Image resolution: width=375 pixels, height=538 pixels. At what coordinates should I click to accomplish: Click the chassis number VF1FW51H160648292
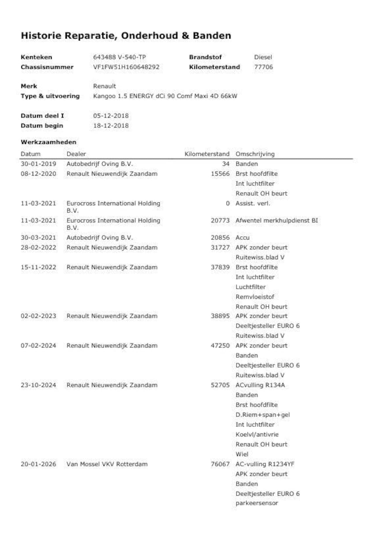pyautogui.click(x=126, y=67)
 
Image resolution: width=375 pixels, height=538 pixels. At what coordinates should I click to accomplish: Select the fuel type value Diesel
pyautogui.click(x=263, y=57)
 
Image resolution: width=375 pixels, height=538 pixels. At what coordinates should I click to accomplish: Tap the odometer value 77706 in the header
pyautogui.click(x=263, y=67)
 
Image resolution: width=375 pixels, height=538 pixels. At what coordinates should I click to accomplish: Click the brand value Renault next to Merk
pyautogui.click(x=104, y=86)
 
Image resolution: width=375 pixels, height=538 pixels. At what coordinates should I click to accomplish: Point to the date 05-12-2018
pyautogui.click(x=111, y=116)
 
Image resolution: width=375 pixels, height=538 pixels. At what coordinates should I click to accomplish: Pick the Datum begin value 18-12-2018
pyautogui.click(x=111, y=126)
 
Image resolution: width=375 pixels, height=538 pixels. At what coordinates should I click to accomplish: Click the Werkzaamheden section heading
pyautogui.click(x=48, y=142)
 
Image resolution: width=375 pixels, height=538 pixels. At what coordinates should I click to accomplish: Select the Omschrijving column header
pyautogui.click(x=255, y=154)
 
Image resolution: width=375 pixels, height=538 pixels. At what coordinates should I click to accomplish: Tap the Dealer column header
pyautogui.click(x=76, y=154)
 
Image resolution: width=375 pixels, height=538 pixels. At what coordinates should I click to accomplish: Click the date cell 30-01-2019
pyautogui.click(x=38, y=164)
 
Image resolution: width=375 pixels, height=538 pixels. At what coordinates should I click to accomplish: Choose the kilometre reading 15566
pyautogui.click(x=220, y=174)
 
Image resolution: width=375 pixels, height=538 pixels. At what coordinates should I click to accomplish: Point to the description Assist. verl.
pyautogui.click(x=253, y=203)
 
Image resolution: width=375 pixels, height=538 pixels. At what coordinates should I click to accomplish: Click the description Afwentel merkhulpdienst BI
pyautogui.click(x=277, y=220)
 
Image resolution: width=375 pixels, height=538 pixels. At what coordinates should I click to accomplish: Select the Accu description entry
pyautogui.click(x=243, y=238)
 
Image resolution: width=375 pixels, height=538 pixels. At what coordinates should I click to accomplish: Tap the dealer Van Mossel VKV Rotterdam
pyautogui.click(x=107, y=464)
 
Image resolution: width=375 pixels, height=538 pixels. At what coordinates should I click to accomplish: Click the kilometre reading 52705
pyautogui.click(x=220, y=385)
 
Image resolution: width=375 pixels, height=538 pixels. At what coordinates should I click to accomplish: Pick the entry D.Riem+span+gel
pyautogui.click(x=262, y=415)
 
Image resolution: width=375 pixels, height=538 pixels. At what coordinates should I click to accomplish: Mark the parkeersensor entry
pyautogui.click(x=257, y=503)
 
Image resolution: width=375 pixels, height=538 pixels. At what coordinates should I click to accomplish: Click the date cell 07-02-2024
pyautogui.click(x=38, y=346)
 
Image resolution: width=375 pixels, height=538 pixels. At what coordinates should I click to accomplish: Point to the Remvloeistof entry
pyautogui.click(x=255, y=297)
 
